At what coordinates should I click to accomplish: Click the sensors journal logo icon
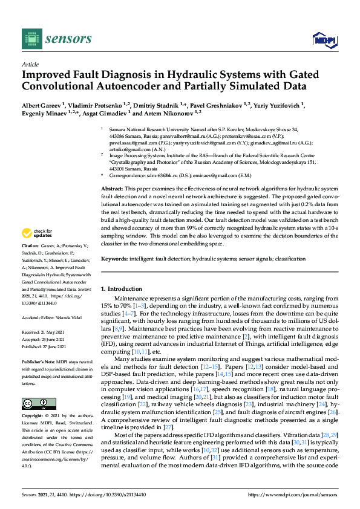click(x=30, y=39)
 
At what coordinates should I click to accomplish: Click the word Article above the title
click(x=30, y=63)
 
